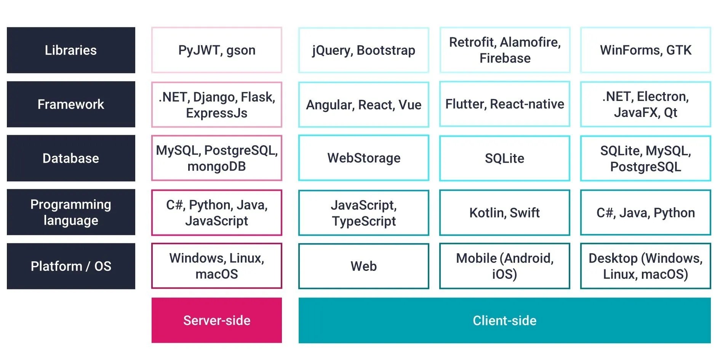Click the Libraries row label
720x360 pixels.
click(71, 50)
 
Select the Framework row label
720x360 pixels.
click(71, 104)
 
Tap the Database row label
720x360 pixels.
click(71, 158)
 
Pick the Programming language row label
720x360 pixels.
click(71, 212)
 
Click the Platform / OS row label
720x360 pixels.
click(71, 266)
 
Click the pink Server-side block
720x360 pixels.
click(216, 320)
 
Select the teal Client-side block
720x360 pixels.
click(504, 320)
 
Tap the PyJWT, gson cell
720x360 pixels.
click(216, 50)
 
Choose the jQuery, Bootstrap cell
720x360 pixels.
click(363, 50)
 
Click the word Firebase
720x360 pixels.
click(505, 58)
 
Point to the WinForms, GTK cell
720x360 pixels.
click(645, 50)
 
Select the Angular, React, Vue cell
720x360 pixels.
click(363, 105)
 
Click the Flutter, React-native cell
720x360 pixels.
click(504, 104)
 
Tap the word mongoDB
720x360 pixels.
click(216, 166)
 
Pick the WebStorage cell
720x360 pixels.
click(363, 158)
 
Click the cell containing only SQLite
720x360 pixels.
click(504, 158)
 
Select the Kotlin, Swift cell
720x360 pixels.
click(504, 213)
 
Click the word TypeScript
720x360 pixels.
click(363, 221)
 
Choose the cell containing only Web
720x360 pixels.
click(363, 266)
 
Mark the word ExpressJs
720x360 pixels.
click(216, 113)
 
